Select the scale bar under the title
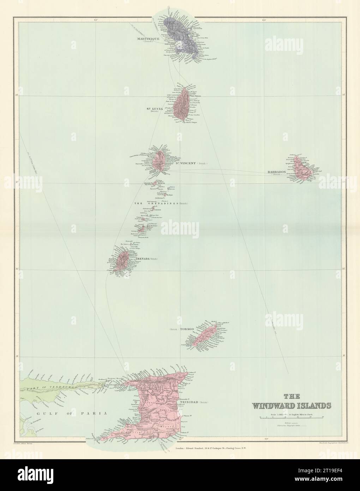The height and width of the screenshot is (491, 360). click(x=292, y=417)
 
